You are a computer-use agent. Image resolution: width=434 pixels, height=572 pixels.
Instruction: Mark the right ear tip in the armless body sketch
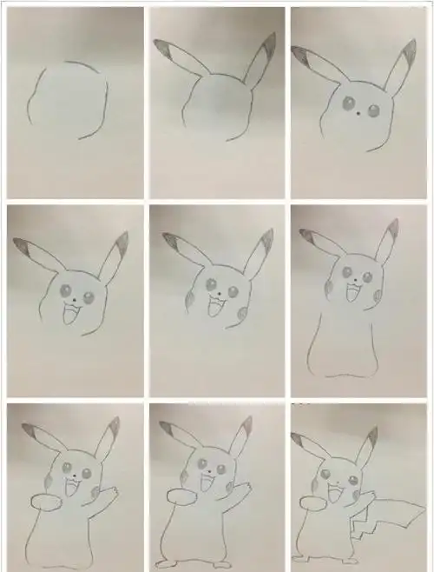point(393,229)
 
